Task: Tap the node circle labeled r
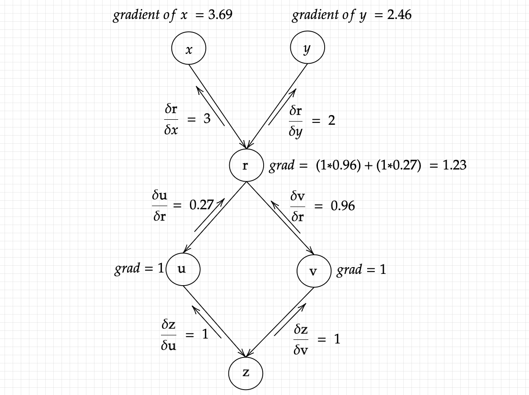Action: coord(246,165)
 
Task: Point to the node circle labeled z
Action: coord(246,373)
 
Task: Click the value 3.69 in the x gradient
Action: coord(220,15)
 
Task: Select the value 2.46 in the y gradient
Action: coord(399,15)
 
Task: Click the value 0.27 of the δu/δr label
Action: coord(201,205)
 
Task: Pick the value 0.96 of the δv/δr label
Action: coord(343,206)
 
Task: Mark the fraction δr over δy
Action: coord(296,122)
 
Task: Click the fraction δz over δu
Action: coord(169,336)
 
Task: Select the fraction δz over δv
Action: coord(301,339)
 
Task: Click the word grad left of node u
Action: coord(127,269)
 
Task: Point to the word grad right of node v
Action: coord(350,270)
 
